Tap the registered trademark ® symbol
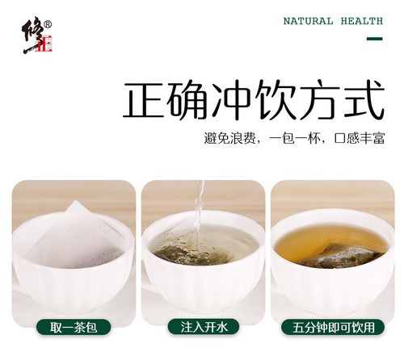(48, 24)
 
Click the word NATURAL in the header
(308, 21)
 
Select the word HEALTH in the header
(362, 21)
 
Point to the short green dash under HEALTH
(374, 39)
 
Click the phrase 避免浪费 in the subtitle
(229, 138)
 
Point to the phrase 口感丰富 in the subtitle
(359, 138)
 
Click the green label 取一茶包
(74, 327)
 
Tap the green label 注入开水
(204, 327)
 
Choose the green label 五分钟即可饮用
(333, 327)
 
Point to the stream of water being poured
(200, 216)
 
